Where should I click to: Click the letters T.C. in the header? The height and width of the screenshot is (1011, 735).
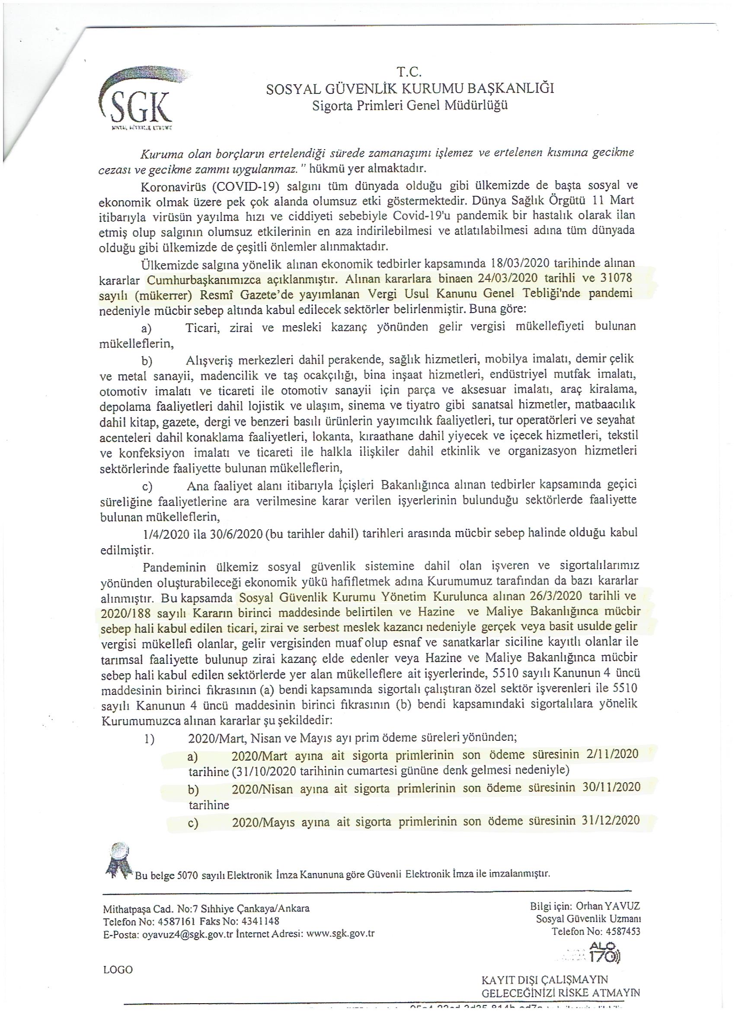tap(409, 72)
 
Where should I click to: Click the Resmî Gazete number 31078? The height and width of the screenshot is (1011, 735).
tap(615, 278)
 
